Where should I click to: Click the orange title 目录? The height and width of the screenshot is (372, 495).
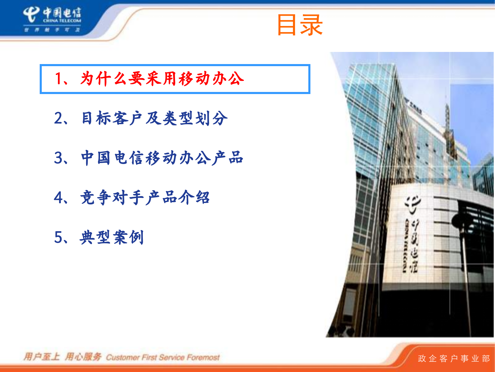[300, 25]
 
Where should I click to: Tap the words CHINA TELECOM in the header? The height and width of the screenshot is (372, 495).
[62, 21]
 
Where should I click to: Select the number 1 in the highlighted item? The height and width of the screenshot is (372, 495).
[59, 79]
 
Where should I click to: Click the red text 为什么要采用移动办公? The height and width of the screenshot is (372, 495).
[162, 79]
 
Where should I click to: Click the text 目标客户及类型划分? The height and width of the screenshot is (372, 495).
[154, 118]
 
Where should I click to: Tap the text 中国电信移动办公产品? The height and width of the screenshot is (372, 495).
[162, 158]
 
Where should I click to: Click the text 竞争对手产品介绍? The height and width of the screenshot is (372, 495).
[145, 198]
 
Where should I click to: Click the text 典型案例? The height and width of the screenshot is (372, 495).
[112, 237]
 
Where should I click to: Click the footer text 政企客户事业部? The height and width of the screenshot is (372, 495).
[454, 359]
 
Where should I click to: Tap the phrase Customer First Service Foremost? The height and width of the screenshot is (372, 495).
[163, 358]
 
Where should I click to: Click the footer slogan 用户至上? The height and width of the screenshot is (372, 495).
[42, 357]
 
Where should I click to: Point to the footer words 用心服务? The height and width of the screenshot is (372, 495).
[83, 357]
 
